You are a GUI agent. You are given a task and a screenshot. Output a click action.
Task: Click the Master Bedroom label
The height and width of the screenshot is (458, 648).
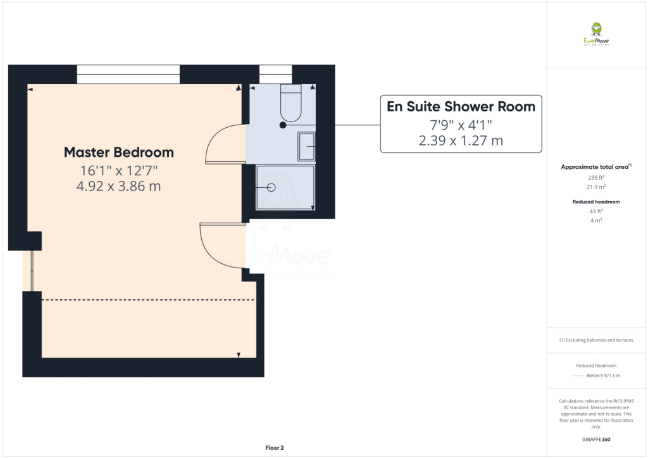pyautogui.click(x=119, y=152)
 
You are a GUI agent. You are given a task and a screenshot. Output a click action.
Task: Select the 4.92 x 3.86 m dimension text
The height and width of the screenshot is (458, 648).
pyautogui.click(x=119, y=186)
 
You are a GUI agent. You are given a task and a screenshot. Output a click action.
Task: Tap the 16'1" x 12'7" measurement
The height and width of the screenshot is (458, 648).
pyautogui.click(x=119, y=170)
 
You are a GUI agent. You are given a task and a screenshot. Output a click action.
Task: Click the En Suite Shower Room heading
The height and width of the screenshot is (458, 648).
pyautogui.click(x=461, y=106)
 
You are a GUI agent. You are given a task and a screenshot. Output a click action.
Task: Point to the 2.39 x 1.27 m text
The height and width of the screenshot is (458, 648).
pyautogui.click(x=461, y=140)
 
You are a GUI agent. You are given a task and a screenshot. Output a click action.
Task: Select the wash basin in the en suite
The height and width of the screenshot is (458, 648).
pyautogui.click(x=306, y=146)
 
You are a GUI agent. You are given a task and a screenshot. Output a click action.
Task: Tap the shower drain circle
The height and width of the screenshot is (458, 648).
pyautogui.click(x=271, y=187)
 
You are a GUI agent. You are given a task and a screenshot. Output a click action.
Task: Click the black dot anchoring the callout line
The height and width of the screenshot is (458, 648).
pyautogui.click(x=283, y=125)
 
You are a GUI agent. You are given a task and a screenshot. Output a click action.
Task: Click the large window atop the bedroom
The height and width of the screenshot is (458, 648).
pyautogui.click(x=128, y=74)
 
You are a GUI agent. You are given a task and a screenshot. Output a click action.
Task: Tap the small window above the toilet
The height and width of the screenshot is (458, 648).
pyautogui.click(x=275, y=74)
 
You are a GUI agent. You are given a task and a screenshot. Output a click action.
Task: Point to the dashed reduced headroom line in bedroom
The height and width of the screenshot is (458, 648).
pyautogui.click(x=148, y=300)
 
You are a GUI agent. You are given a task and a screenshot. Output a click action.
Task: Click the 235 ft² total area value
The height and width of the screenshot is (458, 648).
pyautogui.click(x=595, y=178)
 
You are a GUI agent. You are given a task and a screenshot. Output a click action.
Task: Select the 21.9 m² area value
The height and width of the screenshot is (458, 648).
pyautogui.click(x=595, y=187)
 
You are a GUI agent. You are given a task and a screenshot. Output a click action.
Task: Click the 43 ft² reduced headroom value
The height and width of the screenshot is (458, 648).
pyautogui.click(x=595, y=211)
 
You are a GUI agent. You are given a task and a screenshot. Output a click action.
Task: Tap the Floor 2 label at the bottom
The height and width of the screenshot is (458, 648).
pyautogui.click(x=274, y=448)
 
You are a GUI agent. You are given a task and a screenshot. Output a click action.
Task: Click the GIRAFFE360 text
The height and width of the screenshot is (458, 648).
pyautogui.click(x=595, y=439)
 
